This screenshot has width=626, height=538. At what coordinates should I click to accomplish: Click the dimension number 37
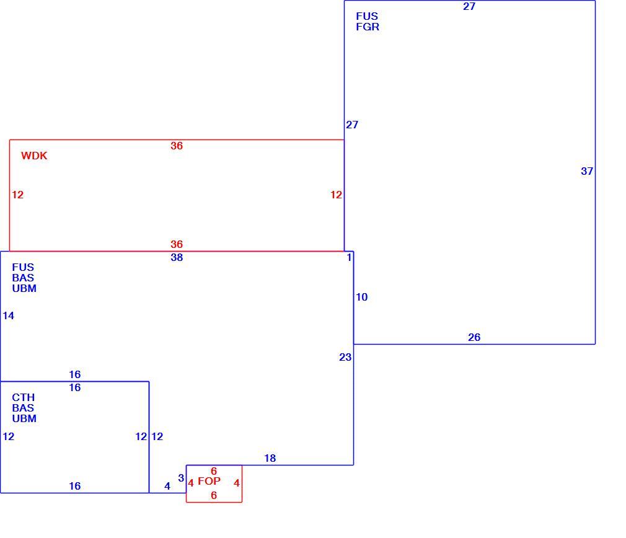(587, 171)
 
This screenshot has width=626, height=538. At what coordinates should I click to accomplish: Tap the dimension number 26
(474, 337)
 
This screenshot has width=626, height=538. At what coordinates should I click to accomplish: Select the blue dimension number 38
(177, 257)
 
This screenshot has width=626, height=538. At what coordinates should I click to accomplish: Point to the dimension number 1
(349, 257)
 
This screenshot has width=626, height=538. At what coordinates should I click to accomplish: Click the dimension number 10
(362, 297)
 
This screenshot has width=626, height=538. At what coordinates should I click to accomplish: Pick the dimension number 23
(345, 357)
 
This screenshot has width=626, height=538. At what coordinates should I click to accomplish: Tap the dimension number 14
(9, 315)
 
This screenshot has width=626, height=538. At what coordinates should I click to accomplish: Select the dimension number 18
(270, 458)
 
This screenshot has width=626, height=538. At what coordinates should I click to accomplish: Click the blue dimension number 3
(181, 478)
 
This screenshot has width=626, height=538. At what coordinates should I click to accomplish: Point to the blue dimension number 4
(167, 486)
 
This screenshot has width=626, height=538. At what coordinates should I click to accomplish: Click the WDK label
(34, 156)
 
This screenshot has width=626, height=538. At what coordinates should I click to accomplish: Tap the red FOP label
(209, 481)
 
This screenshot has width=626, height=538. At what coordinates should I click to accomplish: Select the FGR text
(368, 27)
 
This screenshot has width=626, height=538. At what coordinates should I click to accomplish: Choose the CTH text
(23, 397)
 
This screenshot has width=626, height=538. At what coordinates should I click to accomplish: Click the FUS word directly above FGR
(367, 16)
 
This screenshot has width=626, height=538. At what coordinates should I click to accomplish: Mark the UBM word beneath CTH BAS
(24, 418)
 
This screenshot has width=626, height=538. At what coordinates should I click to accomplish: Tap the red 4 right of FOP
(236, 483)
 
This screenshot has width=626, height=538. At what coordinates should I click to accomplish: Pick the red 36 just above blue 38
(177, 244)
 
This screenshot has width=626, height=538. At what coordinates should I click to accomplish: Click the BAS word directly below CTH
(23, 408)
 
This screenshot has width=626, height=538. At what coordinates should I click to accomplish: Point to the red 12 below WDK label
(17, 195)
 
